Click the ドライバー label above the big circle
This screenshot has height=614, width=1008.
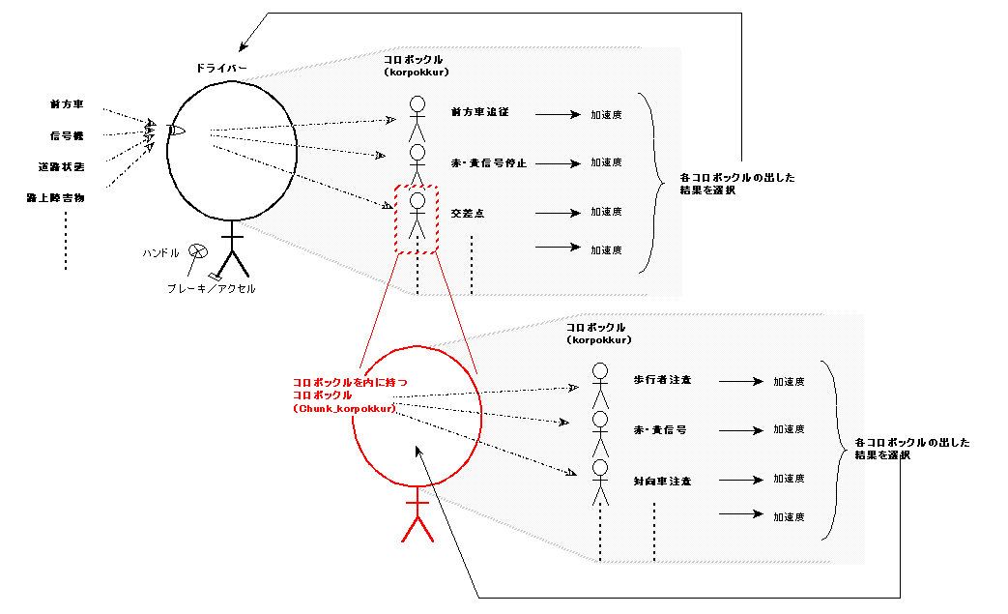(221, 69)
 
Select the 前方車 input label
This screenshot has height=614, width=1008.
(68, 103)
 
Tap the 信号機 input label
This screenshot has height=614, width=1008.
(68, 135)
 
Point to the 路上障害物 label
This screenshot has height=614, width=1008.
(55, 197)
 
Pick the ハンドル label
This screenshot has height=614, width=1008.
(160, 252)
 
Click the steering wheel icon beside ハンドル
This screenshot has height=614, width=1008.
(197, 251)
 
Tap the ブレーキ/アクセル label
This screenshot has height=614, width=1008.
(211, 288)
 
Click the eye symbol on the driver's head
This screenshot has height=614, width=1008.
(177, 131)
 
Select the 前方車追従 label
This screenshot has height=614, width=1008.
(479, 113)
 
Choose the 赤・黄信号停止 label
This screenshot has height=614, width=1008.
(489, 162)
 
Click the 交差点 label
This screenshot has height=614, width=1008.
(467, 212)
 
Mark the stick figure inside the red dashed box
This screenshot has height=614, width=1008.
(418, 216)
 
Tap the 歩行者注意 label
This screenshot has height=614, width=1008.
(662, 380)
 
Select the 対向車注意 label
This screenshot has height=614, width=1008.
(662, 481)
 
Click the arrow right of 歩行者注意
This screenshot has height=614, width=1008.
(741, 381)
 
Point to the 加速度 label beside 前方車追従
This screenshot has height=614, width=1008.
(606, 114)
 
